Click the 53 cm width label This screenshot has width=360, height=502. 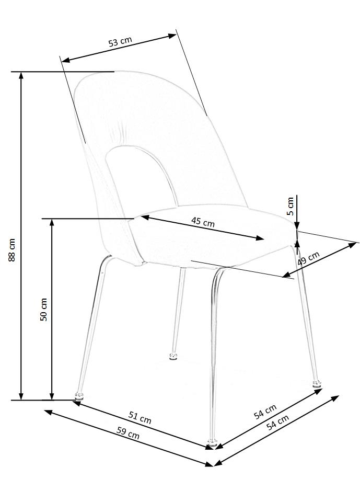click(120, 42)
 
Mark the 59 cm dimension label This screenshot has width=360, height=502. click(127, 434)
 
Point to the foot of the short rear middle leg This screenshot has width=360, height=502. click(172, 357)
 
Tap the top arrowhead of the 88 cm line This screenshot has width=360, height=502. click(21, 75)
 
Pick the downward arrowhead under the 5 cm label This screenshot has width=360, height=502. click(296, 225)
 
